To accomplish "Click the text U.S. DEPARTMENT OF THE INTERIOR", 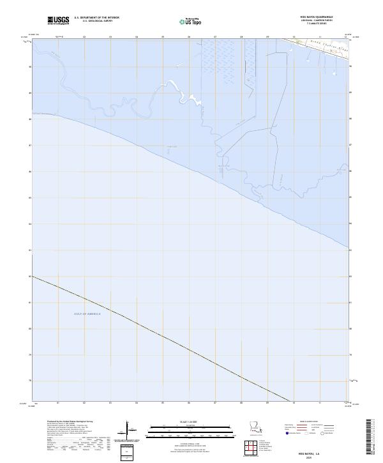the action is [x=96, y=17].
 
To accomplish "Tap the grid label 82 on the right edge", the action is [x=351, y=276].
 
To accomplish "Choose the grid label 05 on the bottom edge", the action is [x=163, y=404].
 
